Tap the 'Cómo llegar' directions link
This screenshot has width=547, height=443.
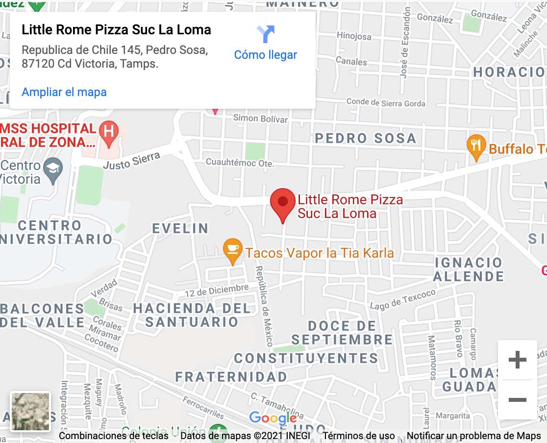point(266,54)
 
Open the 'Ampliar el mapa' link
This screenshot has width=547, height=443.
point(64,92)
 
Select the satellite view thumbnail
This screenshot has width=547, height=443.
point(30,412)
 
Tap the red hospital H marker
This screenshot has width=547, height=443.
point(109,133)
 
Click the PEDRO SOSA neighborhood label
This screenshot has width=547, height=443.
point(365,138)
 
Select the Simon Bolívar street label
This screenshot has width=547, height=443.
point(260,118)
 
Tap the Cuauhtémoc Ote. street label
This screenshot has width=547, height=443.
point(240,162)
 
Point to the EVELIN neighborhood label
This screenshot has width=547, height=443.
point(180,228)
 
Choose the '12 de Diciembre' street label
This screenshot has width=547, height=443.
point(217,291)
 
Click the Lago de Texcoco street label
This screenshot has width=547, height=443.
point(403,299)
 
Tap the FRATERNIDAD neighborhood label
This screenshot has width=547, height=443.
point(231,377)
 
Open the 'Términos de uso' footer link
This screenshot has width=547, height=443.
point(359,436)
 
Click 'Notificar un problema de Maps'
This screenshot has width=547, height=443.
point(473,436)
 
